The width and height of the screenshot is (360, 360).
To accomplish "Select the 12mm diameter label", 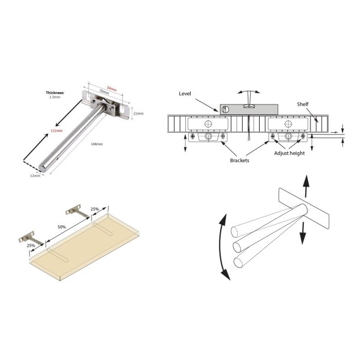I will (x=35, y=175).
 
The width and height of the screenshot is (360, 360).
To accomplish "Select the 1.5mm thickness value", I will (x=57, y=98).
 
